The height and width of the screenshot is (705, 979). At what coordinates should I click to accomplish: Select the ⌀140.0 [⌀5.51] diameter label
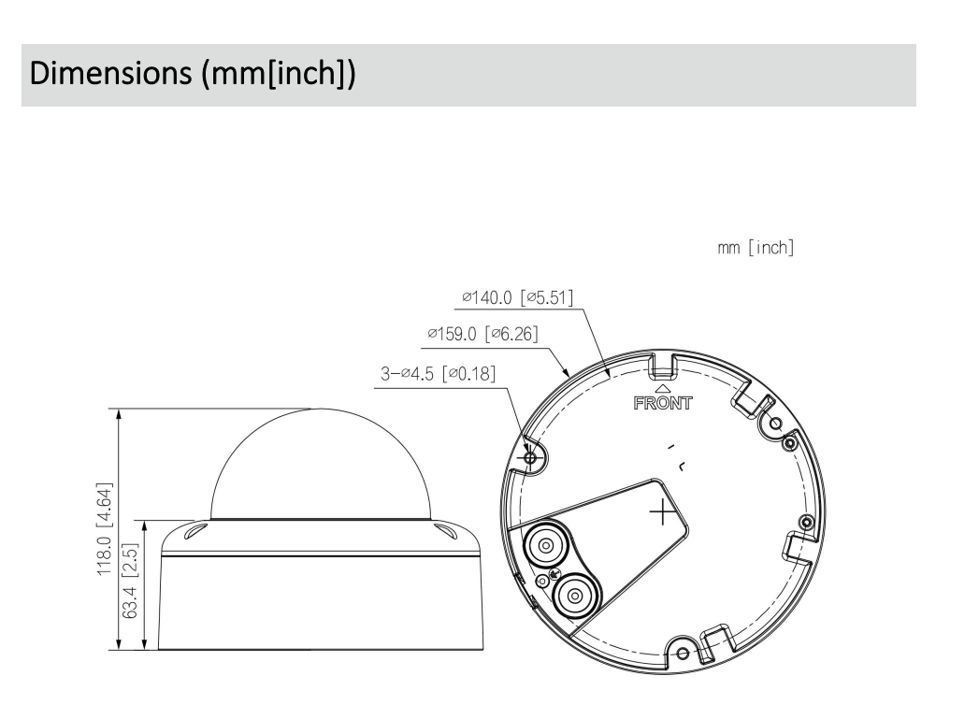coord(516,298)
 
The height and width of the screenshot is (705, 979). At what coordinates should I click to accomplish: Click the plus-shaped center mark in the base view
coord(662,511)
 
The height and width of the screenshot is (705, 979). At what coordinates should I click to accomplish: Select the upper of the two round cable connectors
coord(542,543)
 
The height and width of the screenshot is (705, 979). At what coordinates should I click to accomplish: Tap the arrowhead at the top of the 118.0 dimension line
coord(119,415)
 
